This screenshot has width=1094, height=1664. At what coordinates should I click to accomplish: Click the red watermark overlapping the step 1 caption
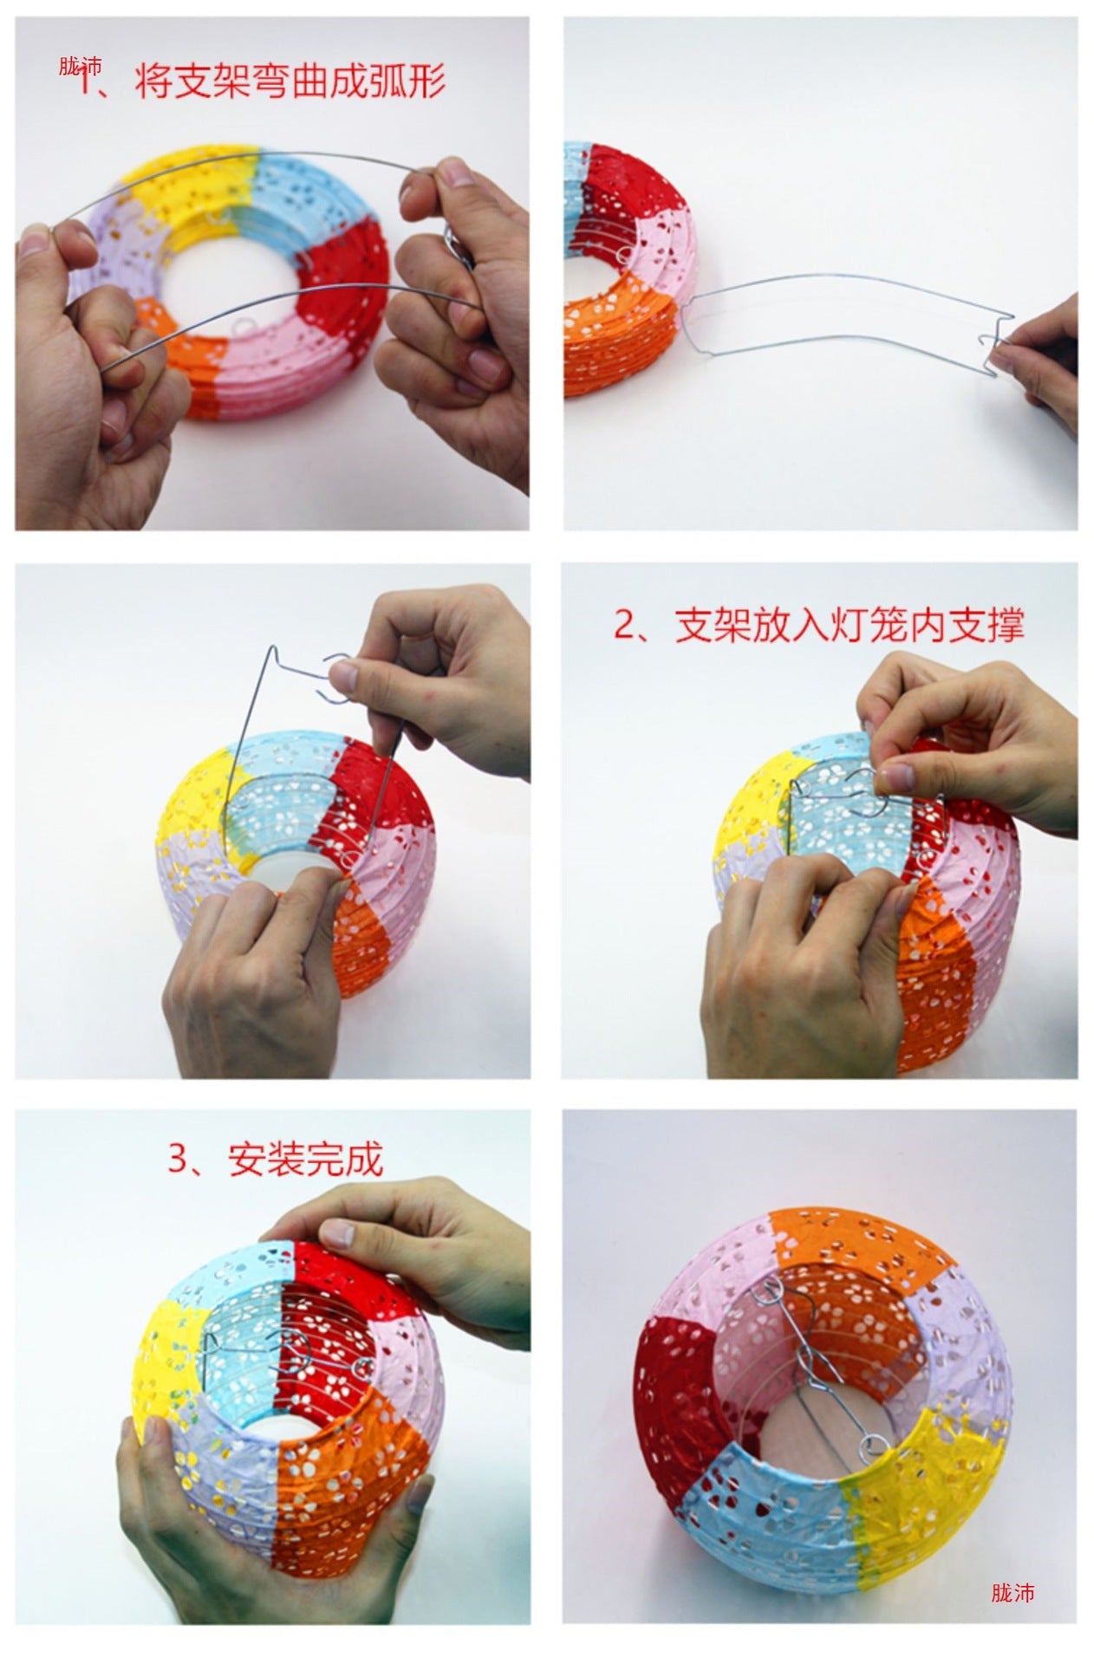(x=81, y=67)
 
